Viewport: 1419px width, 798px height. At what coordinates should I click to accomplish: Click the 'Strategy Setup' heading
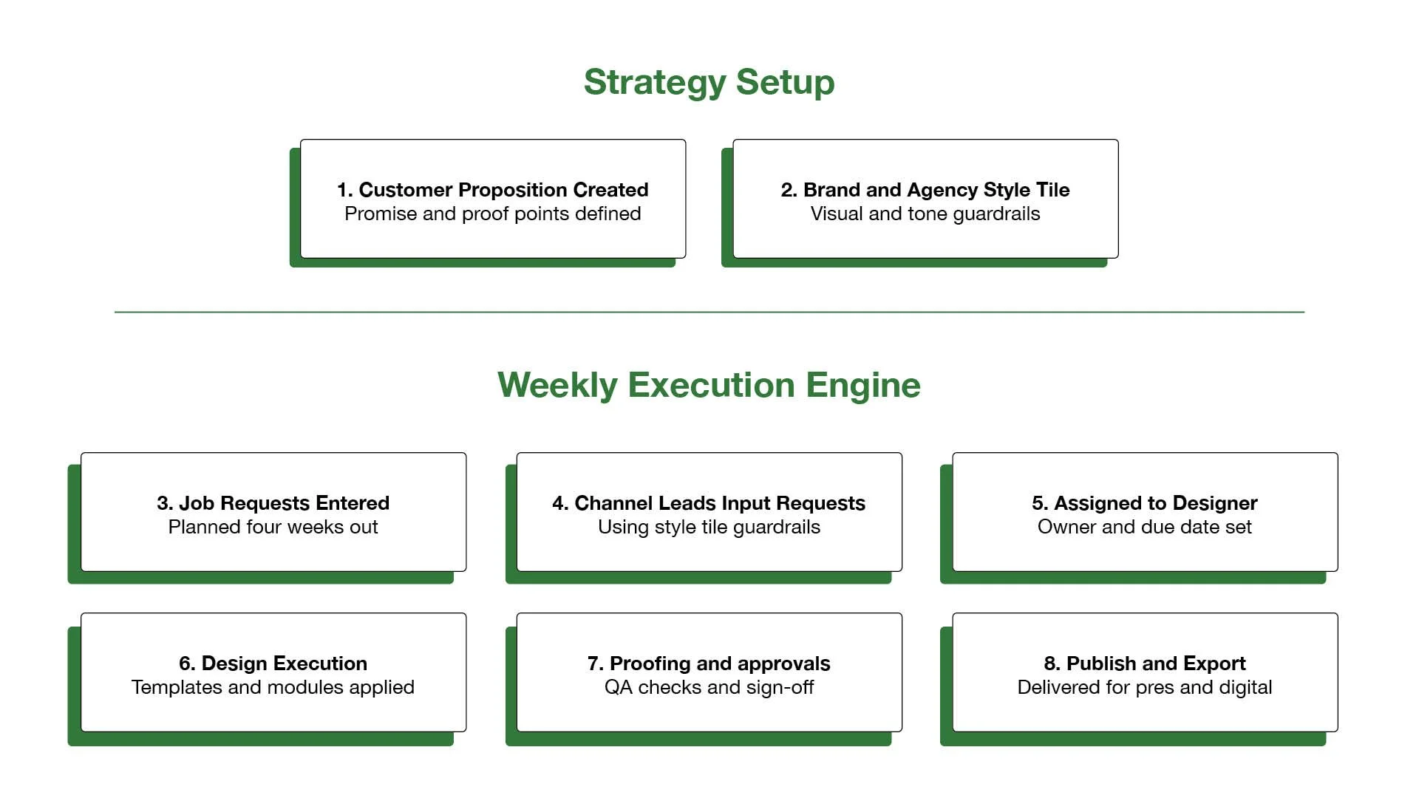[709, 82]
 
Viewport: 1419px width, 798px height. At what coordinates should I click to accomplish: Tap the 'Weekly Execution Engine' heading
[709, 385]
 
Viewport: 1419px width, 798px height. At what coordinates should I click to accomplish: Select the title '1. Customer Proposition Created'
[493, 190]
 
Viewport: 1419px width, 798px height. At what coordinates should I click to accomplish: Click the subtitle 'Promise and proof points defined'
[493, 214]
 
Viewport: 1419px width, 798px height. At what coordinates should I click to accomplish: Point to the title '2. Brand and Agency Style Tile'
[925, 190]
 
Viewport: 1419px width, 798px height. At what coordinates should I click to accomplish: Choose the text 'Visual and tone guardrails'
[925, 214]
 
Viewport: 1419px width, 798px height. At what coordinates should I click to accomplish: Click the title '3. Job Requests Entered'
[273, 503]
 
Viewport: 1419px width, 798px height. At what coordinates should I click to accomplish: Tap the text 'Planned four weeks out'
[273, 527]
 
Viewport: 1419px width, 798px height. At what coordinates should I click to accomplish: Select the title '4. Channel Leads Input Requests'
[709, 503]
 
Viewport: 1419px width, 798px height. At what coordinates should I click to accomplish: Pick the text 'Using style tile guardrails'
[709, 527]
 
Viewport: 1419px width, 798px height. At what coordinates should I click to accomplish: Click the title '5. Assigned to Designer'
[1145, 503]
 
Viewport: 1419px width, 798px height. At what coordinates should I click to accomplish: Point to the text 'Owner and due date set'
[1145, 527]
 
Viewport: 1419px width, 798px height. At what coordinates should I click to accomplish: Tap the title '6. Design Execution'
[273, 664]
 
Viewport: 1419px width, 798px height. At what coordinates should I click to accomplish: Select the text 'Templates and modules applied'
[273, 687]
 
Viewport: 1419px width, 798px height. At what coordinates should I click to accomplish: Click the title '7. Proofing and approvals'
[709, 664]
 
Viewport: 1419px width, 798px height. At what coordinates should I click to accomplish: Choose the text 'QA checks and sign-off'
[709, 687]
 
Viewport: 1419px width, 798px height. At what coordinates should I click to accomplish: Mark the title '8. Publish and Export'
[1145, 664]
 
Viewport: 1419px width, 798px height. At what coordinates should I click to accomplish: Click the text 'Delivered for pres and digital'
[1145, 687]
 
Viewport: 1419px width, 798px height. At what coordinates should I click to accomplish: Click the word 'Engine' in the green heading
[862, 385]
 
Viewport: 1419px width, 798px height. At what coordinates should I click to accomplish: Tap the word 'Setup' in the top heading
[785, 82]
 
